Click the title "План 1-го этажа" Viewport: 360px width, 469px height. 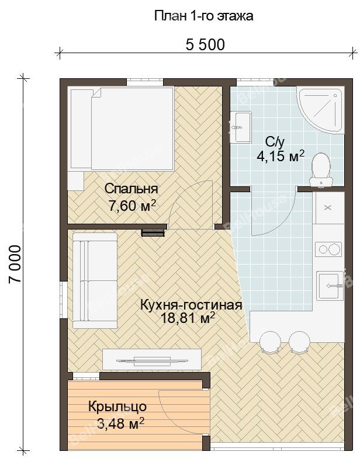point(204,16)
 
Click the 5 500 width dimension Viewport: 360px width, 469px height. point(205,45)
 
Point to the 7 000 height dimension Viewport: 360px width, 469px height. point(15,264)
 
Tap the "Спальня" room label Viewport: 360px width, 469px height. point(131,189)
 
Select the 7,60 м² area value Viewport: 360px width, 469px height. point(132,206)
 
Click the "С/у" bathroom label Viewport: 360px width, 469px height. point(275,143)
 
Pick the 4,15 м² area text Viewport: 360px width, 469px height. point(281,156)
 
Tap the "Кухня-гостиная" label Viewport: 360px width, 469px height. point(191,305)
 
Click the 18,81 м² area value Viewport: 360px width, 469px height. point(188,318)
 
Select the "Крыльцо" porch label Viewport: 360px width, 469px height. point(117,407)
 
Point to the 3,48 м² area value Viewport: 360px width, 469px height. point(120,423)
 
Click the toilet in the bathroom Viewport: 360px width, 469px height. point(321,169)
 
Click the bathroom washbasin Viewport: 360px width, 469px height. point(241,127)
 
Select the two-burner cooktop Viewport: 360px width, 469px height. point(329,249)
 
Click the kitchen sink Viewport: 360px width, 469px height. point(330,286)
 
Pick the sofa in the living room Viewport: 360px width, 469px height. point(95,280)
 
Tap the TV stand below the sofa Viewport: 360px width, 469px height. point(152,359)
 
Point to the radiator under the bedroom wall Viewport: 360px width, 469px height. point(153,233)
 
